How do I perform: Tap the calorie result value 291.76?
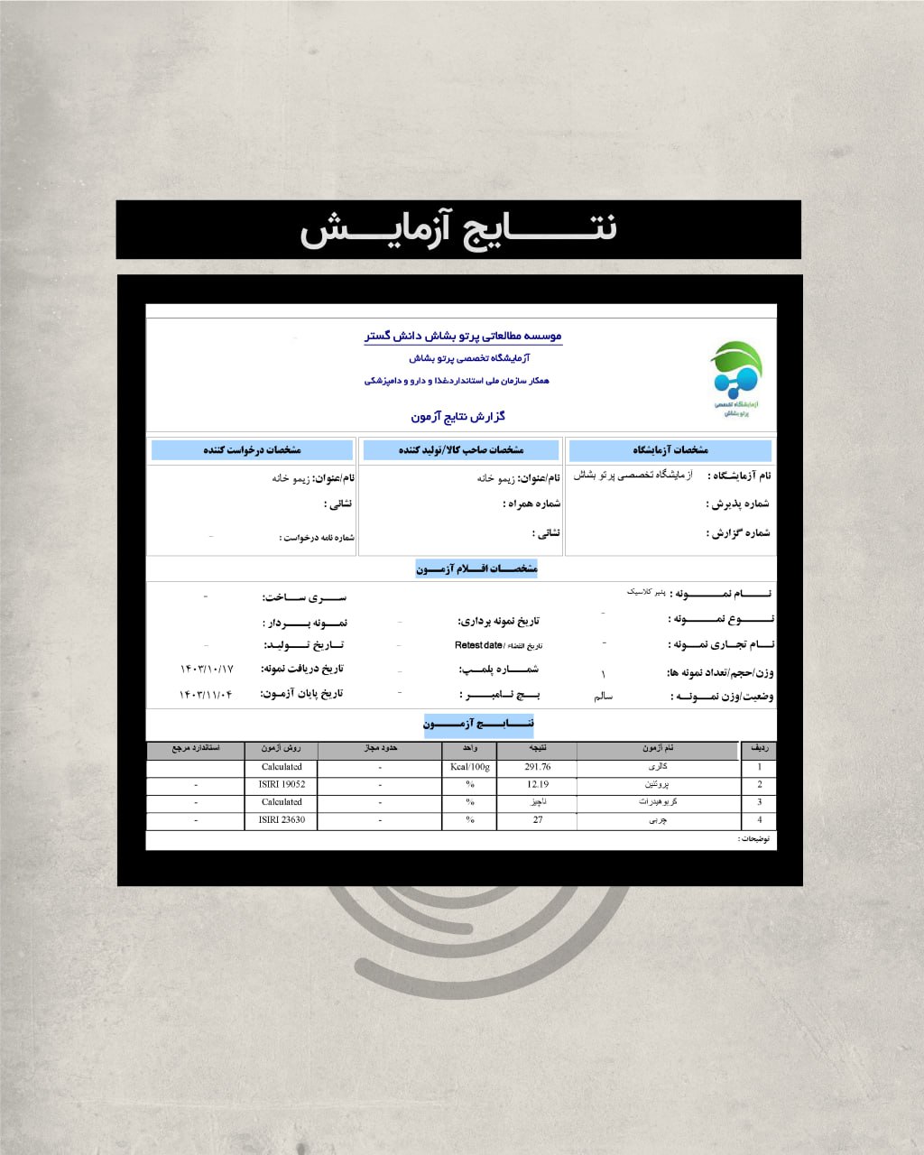tap(537, 767)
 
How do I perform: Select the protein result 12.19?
tap(537, 784)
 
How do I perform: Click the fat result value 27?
tap(538, 820)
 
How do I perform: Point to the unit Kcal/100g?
tap(469, 767)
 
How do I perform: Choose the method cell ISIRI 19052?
tap(282, 784)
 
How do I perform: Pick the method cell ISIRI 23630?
tap(282, 820)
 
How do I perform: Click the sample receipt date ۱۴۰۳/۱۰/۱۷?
tap(207, 669)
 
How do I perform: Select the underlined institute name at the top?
tap(463, 336)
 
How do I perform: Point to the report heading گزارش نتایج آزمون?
tap(458, 416)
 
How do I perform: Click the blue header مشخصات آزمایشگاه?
tap(670, 449)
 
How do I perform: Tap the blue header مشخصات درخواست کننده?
tap(252, 449)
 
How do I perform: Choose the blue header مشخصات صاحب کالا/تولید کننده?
tap(460, 449)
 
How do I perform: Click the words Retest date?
tap(478, 645)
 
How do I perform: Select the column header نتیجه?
tap(537, 749)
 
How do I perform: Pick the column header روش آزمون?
tap(282, 749)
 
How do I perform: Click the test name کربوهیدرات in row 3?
tap(658, 802)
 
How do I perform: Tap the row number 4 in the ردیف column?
tap(759, 820)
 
